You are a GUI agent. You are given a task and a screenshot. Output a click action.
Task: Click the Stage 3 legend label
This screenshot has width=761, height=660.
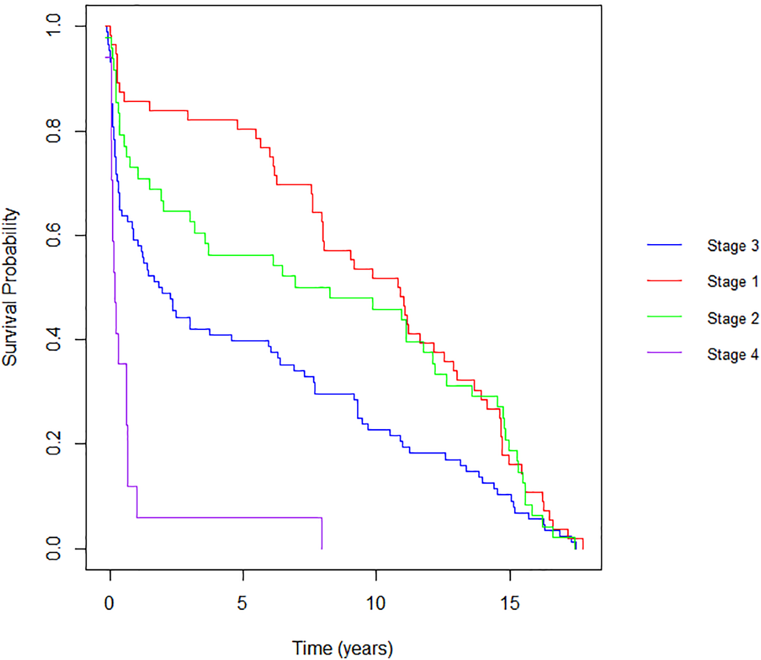733,246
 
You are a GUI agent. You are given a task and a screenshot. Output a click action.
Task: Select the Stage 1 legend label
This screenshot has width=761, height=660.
733,282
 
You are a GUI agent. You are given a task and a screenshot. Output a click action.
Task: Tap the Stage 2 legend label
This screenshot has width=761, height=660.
733,319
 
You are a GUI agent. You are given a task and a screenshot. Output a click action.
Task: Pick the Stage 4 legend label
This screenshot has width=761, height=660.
733,354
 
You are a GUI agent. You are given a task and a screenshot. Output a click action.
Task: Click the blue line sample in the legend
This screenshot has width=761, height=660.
664,245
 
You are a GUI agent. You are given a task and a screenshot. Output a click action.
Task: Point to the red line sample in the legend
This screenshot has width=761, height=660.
664,280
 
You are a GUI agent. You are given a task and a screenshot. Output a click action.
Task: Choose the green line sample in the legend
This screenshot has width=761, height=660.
664,316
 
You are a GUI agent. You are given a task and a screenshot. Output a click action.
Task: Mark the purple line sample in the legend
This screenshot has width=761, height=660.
664,353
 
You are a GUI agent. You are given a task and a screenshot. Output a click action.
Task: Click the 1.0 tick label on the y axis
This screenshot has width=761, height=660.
53,26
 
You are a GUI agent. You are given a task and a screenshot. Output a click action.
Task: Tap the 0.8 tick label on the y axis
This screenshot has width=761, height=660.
53,131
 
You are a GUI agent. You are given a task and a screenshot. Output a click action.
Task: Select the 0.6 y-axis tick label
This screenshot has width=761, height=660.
53,235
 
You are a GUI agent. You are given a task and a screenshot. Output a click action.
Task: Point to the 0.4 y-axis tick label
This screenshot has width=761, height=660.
53,340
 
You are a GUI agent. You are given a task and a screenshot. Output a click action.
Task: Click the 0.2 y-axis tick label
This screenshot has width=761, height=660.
53,444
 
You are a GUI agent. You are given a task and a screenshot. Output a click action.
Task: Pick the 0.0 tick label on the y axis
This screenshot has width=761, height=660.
53,548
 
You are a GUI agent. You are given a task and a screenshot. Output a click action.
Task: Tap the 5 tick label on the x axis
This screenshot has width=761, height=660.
242,603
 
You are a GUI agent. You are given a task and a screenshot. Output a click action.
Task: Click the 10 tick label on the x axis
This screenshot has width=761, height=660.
375,603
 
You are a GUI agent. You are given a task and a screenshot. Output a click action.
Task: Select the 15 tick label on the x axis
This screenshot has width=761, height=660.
510,603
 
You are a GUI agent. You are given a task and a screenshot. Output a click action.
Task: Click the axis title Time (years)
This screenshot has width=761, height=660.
342,649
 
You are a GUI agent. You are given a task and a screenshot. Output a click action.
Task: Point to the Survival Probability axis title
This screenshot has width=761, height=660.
10,287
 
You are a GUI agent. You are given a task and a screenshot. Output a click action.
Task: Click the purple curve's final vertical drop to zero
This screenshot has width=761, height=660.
322,534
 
